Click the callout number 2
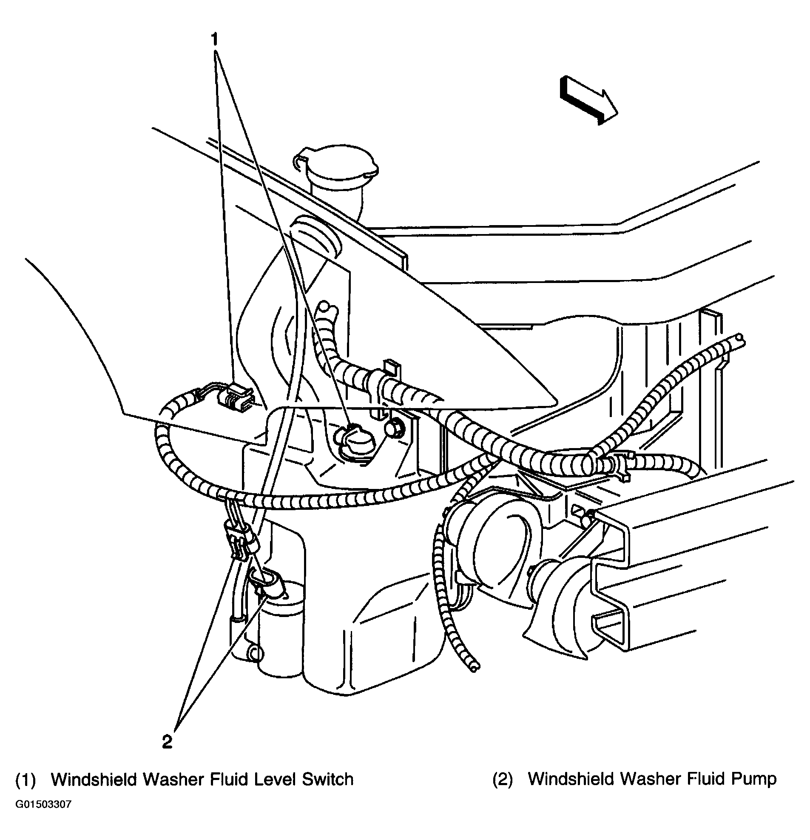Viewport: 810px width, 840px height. click(167, 741)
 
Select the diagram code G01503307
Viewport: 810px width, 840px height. click(43, 817)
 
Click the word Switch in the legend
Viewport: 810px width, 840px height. click(328, 780)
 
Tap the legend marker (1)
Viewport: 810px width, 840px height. click(25, 780)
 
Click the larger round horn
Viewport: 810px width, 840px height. click(493, 549)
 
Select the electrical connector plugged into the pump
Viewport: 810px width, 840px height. click(268, 583)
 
